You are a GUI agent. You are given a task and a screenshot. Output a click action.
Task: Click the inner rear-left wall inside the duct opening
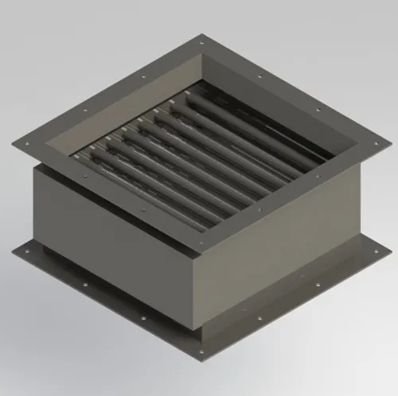127,95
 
